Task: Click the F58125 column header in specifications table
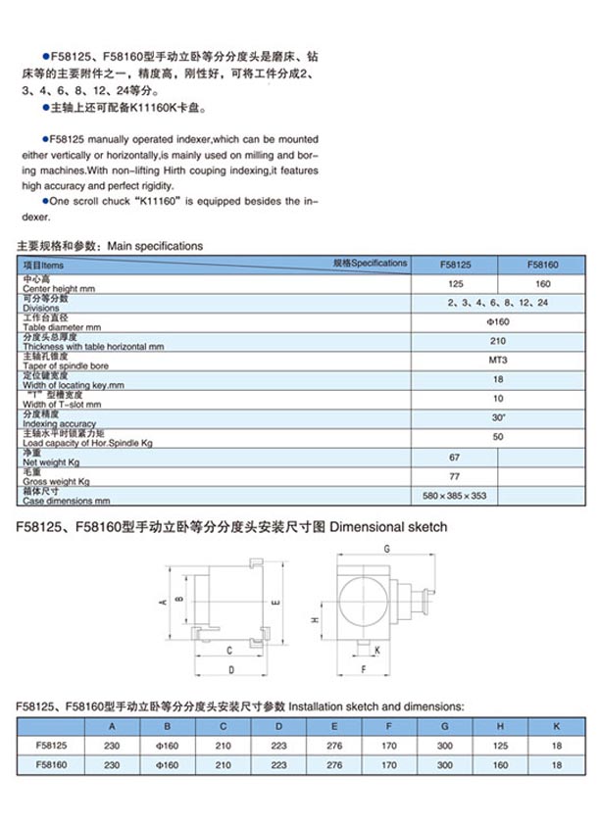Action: [x=455, y=265]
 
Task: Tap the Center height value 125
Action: [x=455, y=283]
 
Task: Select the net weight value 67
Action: [x=455, y=457]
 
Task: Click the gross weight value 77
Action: [x=455, y=476]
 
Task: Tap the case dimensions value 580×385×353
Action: [x=455, y=495]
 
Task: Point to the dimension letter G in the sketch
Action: [x=388, y=548]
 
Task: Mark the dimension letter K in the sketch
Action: [x=378, y=650]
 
